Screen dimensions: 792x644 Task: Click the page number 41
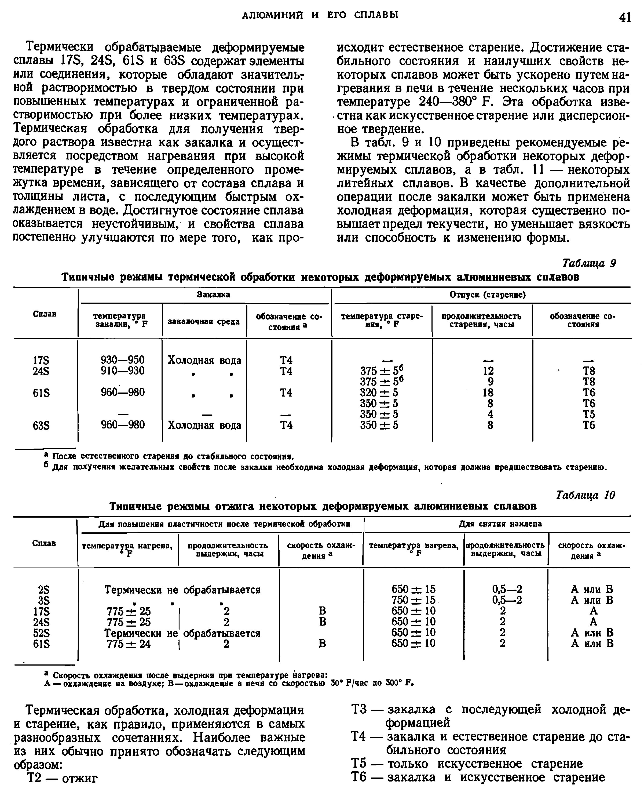pos(625,17)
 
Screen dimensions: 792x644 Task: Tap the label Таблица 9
pos(589,263)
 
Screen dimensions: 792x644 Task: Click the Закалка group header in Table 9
pos(213,294)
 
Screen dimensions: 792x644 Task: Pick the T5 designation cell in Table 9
pos(589,414)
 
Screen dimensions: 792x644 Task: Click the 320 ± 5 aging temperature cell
pos(379,392)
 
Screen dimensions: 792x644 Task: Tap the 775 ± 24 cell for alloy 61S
pos(128,644)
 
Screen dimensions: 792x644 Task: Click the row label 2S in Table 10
pos(43,589)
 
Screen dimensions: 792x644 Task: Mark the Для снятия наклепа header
pos(500,524)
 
